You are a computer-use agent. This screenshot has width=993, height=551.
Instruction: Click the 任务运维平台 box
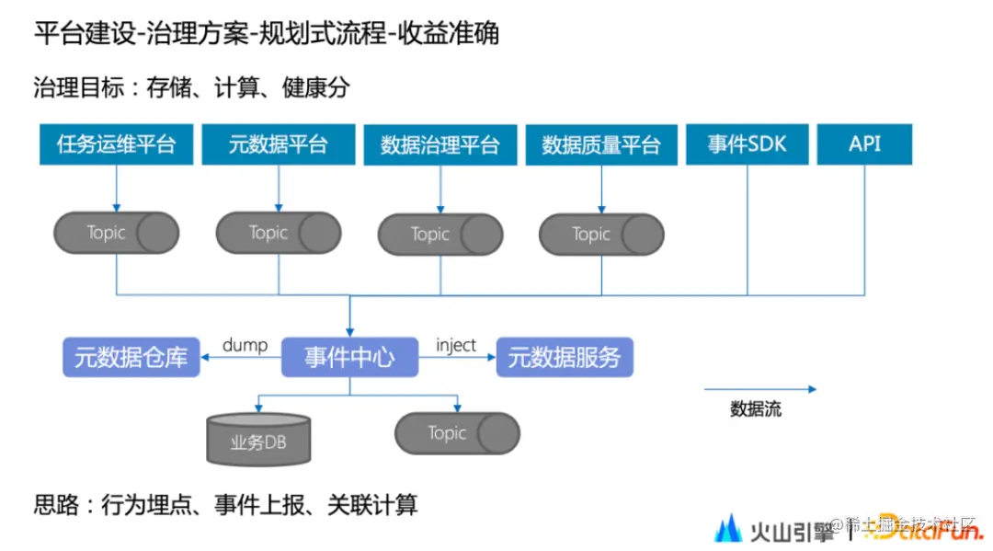coord(116,144)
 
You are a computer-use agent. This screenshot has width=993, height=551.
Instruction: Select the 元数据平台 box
coord(278,144)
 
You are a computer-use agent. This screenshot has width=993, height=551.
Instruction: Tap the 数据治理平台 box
coord(439,144)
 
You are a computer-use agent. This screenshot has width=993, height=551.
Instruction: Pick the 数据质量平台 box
coord(601,144)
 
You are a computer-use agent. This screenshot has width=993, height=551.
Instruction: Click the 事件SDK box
coord(747,144)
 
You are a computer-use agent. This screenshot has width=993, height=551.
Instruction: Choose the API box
coord(864,144)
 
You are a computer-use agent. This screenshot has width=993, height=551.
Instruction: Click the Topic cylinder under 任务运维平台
coord(116,233)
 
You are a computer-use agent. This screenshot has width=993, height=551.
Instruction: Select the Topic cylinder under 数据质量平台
coord(601,234)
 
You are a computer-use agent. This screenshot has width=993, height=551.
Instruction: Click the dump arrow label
coord(245,345)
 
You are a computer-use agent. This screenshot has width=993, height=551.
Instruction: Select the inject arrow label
coord(456,345)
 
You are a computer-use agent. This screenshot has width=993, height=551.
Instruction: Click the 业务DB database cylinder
coord(258,439)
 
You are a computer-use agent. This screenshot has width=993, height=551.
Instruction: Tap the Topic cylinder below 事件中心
coord(457,432)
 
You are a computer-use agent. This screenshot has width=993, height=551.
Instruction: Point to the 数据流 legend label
coord(756,409)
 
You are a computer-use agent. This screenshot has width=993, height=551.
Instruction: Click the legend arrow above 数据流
coord(759,389)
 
